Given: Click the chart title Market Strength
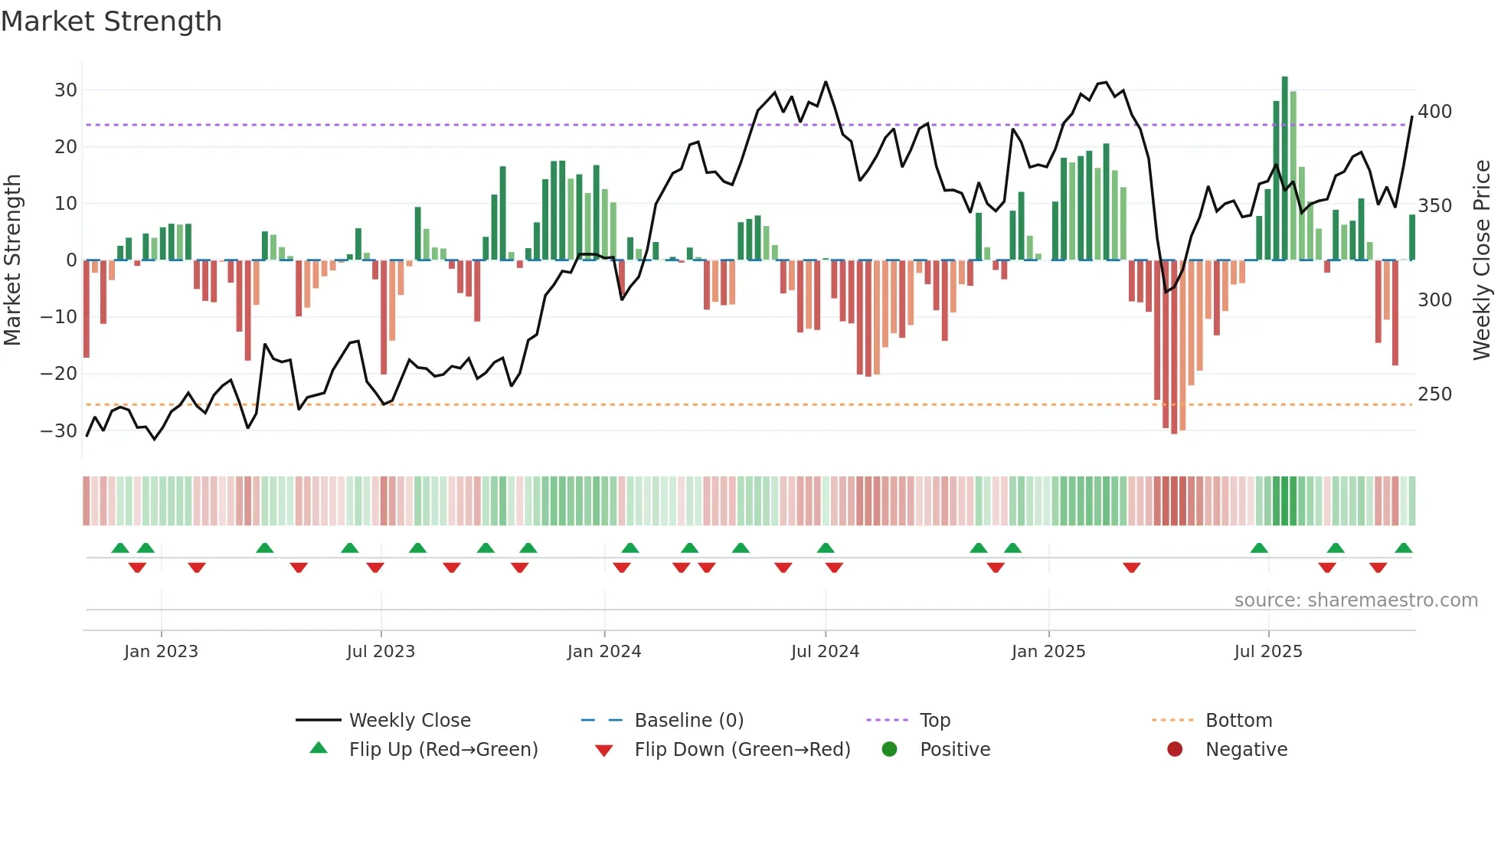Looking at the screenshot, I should click(x=111, y=21).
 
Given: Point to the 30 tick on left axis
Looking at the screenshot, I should click(x=66, y=90).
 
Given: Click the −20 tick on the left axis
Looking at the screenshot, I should click(x=59, y=374).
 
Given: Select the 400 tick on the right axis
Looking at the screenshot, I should click(x=1434, y=112).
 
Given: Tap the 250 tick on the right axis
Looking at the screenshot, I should click(x=1434, y=394).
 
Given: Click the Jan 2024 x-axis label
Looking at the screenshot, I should click(x=603, y=652).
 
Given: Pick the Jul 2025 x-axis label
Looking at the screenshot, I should click(x=1267, y=652).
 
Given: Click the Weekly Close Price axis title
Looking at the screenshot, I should click(x=1482, y=260).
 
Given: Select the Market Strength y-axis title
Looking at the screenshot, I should click(x=13, y=260).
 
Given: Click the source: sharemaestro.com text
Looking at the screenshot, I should click(x=1355, y=600).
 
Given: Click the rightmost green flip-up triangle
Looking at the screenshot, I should click(x=1403, y=548).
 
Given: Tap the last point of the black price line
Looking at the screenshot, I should click(x=1411, y=117).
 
